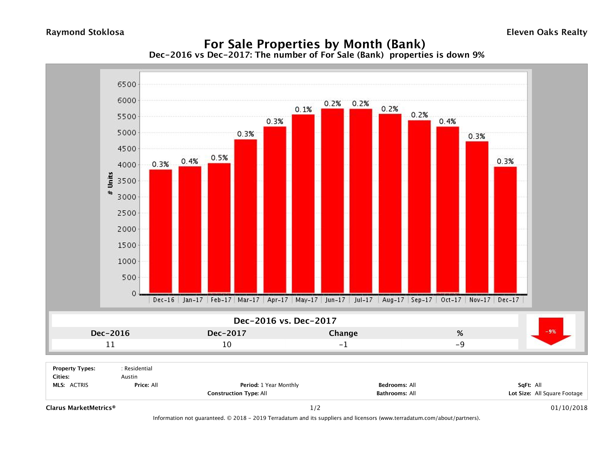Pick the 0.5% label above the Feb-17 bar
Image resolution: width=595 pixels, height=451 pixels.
[219, 158]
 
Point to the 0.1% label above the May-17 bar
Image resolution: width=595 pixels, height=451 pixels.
[303, 110]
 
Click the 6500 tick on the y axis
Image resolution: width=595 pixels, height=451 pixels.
[127, 84]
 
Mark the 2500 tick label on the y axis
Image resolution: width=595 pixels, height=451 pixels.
[127, 213]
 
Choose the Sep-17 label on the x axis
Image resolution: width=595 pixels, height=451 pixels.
[421, 300]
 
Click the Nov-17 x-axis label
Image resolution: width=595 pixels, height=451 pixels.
[480, 300]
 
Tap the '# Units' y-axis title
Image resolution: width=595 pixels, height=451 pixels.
[110, 183]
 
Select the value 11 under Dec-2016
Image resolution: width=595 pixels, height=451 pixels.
[110, 344]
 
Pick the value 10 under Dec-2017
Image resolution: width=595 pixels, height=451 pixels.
[227, 344]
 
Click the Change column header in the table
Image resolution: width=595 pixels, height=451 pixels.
[343, 333]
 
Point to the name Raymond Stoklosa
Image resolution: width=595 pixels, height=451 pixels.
[85, 32]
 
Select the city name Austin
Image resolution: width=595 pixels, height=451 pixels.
[129, 377]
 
